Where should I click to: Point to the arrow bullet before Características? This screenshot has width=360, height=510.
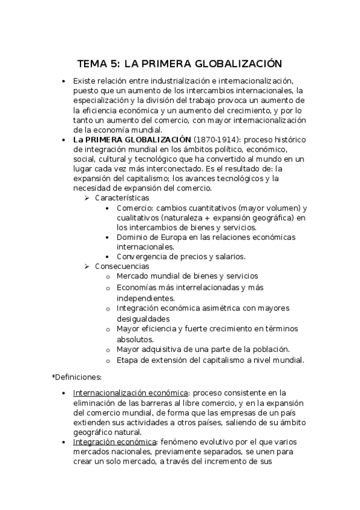[x=88, y=197]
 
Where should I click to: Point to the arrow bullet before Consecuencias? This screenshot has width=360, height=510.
[x=88, y=266]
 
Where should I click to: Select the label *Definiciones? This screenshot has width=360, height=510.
[x=77, y=377]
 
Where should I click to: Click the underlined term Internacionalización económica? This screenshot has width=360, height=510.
[x=130, y=393]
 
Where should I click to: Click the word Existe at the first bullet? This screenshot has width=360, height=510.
[x=85, y=80]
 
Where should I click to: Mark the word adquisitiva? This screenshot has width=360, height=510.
[x=166, y=349]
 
